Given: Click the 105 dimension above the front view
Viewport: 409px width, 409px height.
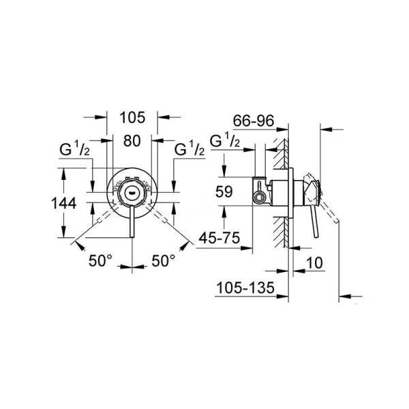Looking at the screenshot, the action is tap(132, 118).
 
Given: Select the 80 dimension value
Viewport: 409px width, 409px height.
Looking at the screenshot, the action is tap(132, 141).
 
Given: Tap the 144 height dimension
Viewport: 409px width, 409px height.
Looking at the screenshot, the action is tap(64, 203).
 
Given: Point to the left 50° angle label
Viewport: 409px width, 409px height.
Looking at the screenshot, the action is tap(100, 260).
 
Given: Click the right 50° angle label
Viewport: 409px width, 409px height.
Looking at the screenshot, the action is tap(164, 260).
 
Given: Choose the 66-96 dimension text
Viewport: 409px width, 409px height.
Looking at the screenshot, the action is tap(254, 121).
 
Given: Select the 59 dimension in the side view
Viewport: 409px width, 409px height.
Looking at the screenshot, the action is tap(224, 192).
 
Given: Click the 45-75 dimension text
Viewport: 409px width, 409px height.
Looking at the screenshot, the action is tap(219, 238).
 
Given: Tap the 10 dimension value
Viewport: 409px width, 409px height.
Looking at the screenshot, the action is tap(315, 263).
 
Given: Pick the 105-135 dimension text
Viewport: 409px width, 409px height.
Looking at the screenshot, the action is tap(245, 288).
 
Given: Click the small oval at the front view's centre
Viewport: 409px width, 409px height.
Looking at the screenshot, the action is tap(131, 193).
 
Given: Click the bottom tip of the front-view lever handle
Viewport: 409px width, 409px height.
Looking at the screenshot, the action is tap(132, 237).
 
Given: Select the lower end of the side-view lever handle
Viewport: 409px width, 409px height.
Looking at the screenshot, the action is tap(317, 237).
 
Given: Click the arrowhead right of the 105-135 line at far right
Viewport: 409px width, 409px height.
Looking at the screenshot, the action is tap(345, 296).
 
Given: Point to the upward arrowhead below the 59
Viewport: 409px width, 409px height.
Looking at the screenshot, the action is tap(224, 211).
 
